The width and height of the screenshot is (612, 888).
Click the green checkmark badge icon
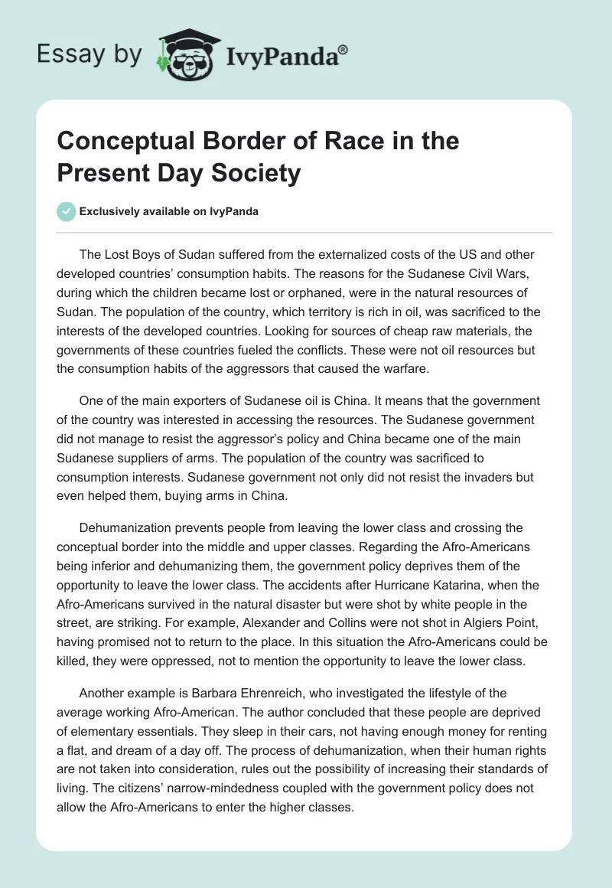pyautogui.click(x=66, y=211)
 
